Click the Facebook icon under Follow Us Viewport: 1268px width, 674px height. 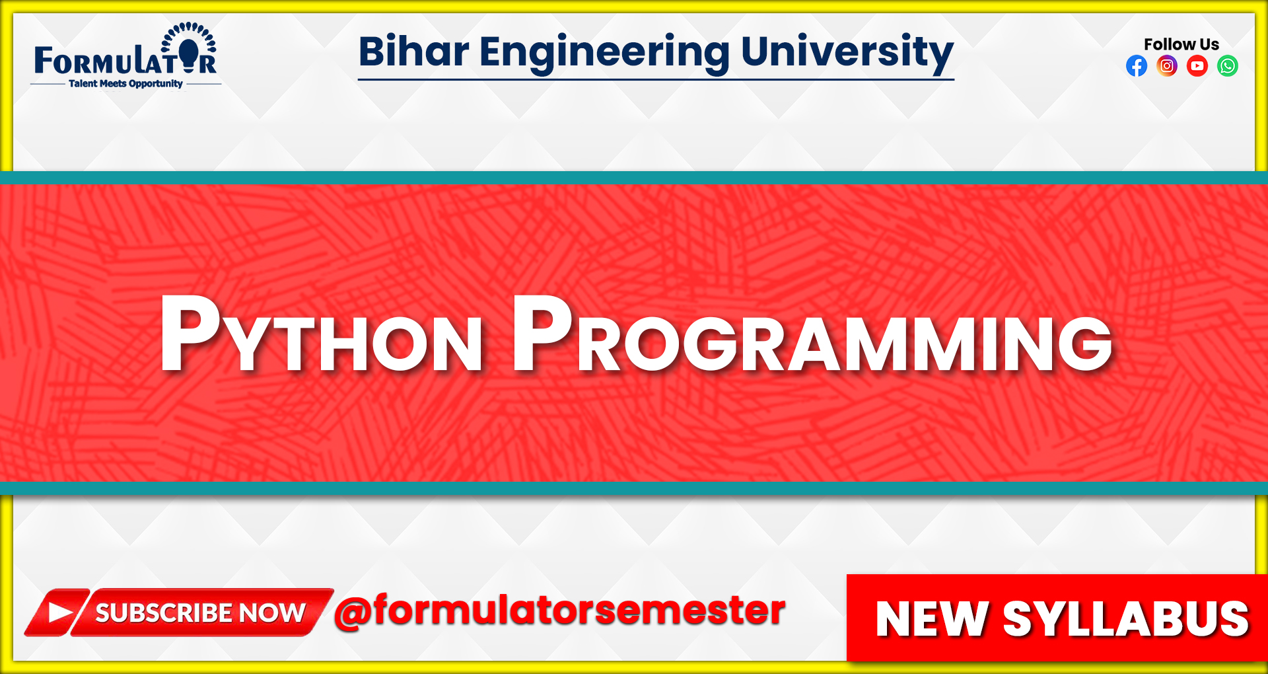[1137, 66]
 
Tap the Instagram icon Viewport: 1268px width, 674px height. [1167, 66]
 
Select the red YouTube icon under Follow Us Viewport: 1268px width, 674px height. [1197, 66]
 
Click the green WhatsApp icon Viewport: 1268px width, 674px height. [1228, 66]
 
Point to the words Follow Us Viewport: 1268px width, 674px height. [1181, 44]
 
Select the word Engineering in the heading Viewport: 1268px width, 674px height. [604, 53]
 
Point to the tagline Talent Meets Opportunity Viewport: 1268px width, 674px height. [125, 84]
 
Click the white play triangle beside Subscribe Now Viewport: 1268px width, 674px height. [59, 613]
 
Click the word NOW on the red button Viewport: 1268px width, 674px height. [272, 613]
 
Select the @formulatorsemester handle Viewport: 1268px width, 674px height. [560, 611]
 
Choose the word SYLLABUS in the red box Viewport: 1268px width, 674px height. [1126, 619]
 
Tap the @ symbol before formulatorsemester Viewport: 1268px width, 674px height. [353, 612]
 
